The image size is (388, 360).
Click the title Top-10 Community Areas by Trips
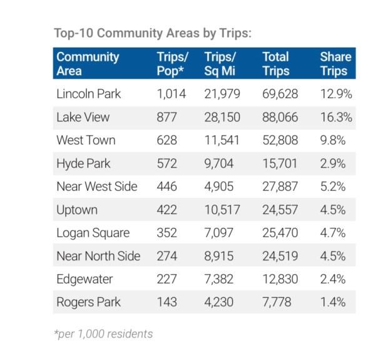[153, 33]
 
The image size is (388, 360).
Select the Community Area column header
[88, 63]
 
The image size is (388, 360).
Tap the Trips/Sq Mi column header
[221, 63]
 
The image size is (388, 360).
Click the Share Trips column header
[335, 63]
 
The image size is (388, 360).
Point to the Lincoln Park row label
[88, 95]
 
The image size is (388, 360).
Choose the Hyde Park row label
[83, 163]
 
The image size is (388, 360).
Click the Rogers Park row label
[88, 302]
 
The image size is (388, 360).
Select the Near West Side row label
[97, 187]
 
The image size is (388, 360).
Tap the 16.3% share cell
[336, 118]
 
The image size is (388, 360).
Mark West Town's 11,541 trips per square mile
[222, 140]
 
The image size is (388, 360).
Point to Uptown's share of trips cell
[336, 210]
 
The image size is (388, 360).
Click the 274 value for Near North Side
[167, 256]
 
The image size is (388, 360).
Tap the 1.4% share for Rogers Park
[336, 302]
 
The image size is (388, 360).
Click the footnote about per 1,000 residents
[104, 334]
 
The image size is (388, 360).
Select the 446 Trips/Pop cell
[167, 187]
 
